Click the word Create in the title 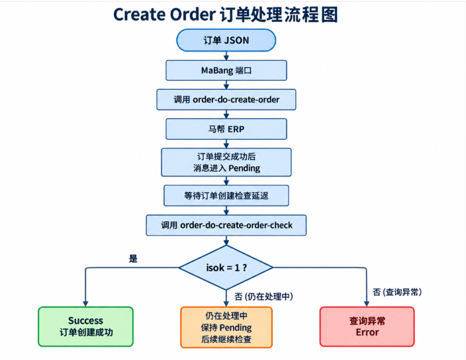[x=139, y=15]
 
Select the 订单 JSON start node [x=226, y=40]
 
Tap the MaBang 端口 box [x=226, y=70]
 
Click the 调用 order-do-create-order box [x=226, y=99]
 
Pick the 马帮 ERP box [x=226, y=129]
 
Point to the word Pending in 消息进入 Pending [x=244, y=168]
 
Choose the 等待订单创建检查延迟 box [x=226, y=195]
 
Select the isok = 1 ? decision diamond [x=226, y=267]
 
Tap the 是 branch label [x=133, y=258]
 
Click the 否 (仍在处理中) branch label [x=263, y=296]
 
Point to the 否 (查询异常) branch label [x=397, y=292]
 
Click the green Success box [x=85, y=326]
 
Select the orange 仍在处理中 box [x=226, y=327]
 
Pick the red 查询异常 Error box [x=367, y=326]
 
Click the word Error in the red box [x=367, y=332]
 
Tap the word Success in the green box [x=85, y=320]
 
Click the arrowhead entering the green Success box [x=85, y=304]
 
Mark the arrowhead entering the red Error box [x=367, y=304]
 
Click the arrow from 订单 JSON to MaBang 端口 [x=226, y=56]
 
